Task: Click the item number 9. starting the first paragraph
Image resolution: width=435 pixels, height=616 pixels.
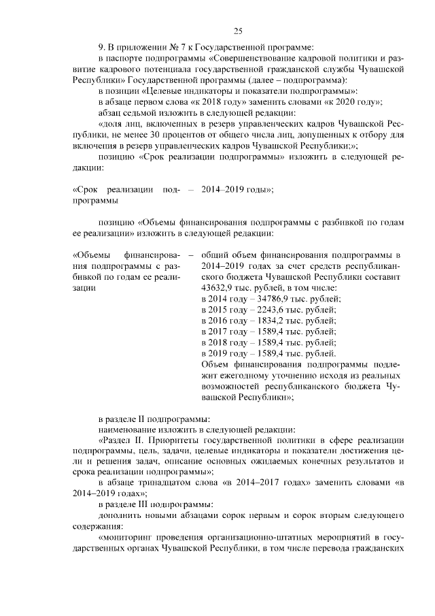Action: pyautogui.click(x=103, y=47)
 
